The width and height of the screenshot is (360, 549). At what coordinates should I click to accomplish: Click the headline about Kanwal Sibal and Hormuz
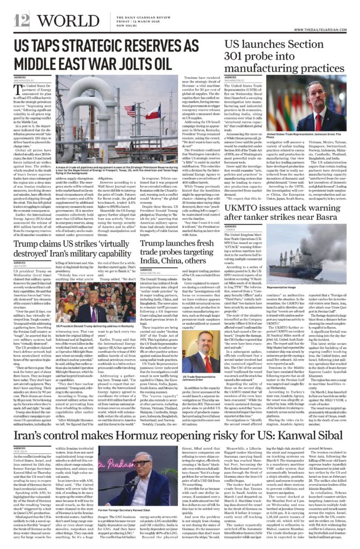pyautogui.click(x=180, y=421)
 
